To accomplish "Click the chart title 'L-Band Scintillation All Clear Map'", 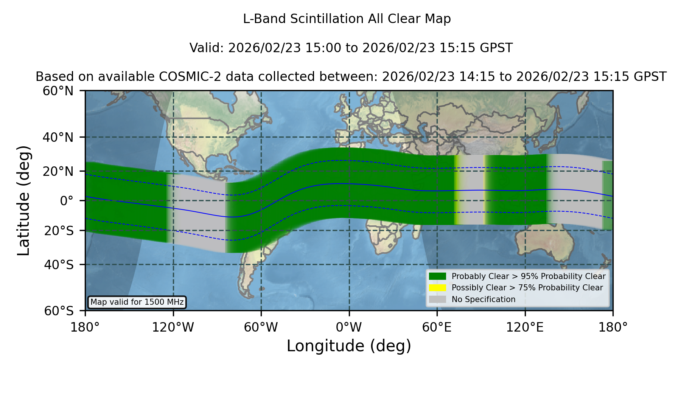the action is point(347,19).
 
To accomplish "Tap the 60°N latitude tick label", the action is point(58,91).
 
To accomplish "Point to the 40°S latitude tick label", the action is point(59,265).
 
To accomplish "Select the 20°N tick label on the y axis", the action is point(58,171).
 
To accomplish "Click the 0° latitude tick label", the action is point(67,201).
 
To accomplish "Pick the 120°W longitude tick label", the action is point(173,327).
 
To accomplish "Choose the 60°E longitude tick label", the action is point(437,327).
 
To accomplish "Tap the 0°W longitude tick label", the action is point(349,327).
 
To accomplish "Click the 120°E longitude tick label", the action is point(525,327).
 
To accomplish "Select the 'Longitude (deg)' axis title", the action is point(349,346).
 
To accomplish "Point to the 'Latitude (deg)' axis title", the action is point(23,200).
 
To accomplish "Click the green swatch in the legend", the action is point(437,276).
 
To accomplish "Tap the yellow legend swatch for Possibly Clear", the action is point(437,288).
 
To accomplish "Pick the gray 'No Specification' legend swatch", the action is point(437,299).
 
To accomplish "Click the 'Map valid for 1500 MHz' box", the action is point(137,302).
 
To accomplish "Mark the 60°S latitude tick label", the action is point(59,311).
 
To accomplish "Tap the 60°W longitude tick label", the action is point(261,327).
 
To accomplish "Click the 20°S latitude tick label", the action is point(59,231).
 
